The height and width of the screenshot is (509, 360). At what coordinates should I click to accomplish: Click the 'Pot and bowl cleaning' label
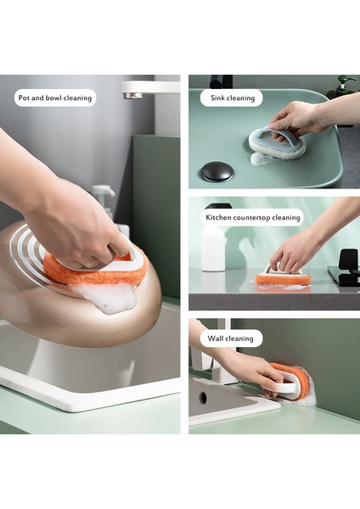click(54, 98)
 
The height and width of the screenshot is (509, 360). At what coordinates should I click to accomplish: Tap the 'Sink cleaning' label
click(232, 98)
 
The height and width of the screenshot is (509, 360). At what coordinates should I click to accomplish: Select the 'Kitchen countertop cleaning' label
click(253, 217)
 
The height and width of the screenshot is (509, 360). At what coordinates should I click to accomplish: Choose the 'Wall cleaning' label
click(231, 338)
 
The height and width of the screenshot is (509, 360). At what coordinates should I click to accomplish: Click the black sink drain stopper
click(217, 171)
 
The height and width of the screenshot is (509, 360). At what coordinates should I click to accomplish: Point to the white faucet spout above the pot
click(149, 87)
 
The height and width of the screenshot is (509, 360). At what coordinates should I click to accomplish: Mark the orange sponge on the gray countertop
click(282, 278)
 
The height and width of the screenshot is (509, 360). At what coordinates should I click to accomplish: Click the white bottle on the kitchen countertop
click(213, 248)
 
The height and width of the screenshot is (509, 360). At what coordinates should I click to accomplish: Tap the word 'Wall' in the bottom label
click(217, 338)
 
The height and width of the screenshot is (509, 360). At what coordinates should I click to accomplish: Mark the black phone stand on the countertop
click(346, 267)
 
